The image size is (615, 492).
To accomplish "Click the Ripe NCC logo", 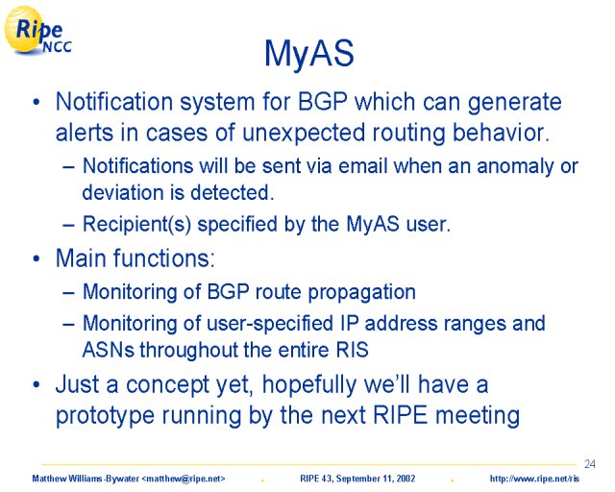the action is [x=37, y=31].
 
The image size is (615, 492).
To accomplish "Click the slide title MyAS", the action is [x=309, y=54].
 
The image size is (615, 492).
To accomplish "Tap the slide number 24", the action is [x=589, y=464].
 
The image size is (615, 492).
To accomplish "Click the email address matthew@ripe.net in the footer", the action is [x=184, y=479].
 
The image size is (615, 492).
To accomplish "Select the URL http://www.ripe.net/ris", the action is [x=534, y=479].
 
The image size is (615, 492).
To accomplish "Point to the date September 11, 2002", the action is [x=376, y=479].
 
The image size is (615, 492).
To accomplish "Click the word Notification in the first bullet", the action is [x=114, y=102].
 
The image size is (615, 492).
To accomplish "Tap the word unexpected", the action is [x=304, y=134].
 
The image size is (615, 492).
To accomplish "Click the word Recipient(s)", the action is [x=136, y=225].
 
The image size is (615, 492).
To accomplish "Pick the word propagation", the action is [x=361, y=293].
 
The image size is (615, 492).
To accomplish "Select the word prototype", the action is [x=105, y=415].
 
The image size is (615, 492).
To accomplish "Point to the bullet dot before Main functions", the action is [x=37, y=259].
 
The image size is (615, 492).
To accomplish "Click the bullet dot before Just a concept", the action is [x=37, y=385].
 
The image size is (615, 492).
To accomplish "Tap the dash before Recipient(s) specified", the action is [x=68, y=225].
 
